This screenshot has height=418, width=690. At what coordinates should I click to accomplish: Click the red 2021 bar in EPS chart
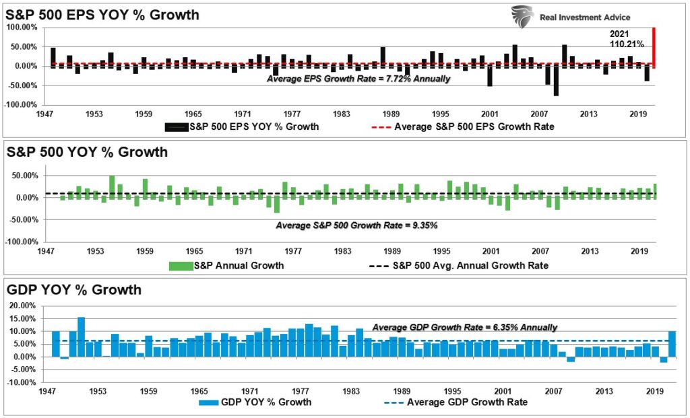point(654,47)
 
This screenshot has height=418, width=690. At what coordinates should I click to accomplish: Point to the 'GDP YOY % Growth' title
point(74,290)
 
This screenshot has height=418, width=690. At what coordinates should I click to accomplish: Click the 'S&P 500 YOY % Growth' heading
point(87,152)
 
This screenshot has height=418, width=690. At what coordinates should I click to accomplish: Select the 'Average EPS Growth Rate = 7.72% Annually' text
point(358,78)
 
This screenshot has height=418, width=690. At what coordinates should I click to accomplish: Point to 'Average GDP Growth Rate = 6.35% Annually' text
point(464,327)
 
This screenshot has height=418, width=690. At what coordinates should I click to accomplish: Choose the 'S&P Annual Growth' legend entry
point(226,265)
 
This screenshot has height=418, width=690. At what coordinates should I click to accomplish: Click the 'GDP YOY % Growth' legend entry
point(255,403)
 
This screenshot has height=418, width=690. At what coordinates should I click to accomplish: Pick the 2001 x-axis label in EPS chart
point(490,114)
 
